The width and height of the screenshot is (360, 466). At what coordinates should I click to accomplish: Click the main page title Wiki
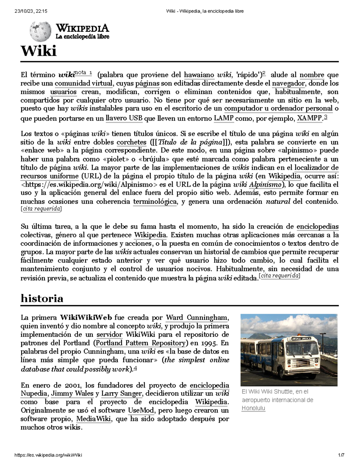pos(38,51)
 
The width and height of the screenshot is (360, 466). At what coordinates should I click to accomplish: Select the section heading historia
pos(42,298)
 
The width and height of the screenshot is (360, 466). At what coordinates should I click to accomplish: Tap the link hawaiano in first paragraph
pos(199,75)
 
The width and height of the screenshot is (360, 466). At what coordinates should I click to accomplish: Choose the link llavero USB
pos(124,118)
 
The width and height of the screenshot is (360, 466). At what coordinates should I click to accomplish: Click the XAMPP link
pos(309,118)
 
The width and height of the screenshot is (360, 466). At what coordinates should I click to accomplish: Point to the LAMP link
pos(224,118)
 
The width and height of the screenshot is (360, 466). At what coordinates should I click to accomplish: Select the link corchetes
pos(131,142)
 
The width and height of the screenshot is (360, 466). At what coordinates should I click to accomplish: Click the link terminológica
pos(155,202)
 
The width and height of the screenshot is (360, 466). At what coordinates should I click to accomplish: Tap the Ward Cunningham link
pos(197,317)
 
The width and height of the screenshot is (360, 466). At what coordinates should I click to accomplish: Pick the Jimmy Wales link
pos(72,393)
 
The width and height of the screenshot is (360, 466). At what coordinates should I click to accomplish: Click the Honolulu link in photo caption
pos(253,408)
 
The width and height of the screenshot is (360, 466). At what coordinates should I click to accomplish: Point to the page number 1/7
pos(341,455)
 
